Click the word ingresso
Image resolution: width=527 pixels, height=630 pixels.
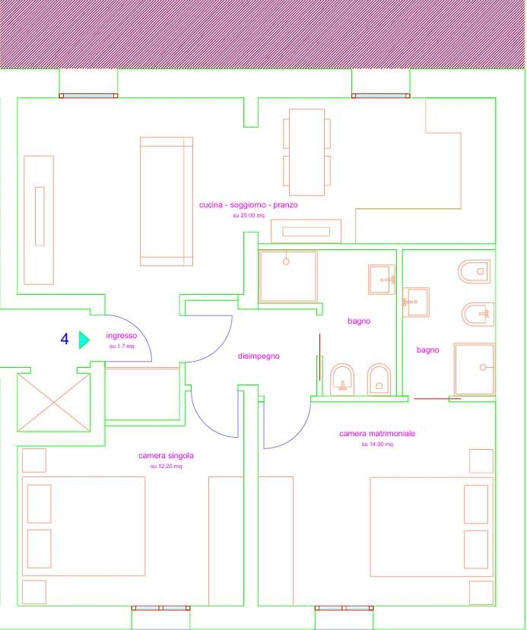tap(122, 336)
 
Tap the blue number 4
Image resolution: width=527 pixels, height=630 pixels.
tap(65, 339)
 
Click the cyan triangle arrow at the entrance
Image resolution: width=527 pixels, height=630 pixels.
tap(84, 340)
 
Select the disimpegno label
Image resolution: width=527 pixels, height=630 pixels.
tap(259, 356)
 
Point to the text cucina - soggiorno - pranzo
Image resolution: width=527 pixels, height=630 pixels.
tap(249, 205)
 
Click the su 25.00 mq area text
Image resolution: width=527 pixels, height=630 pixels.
tap(249, 216)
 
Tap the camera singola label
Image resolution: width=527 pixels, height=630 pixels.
tap(166, 456)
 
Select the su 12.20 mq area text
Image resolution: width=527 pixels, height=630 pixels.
tap(166, 467)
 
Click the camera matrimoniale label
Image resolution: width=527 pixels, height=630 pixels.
tap(377, 433)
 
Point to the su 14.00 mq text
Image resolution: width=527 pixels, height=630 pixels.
tap(377, 445)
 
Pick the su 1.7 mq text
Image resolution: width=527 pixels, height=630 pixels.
tap(122, 347)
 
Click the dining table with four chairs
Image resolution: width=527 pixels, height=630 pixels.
tap(306, 152)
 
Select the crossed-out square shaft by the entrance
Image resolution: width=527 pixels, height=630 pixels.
tap(53, 403)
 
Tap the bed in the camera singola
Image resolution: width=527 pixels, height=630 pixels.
tap(84, 527)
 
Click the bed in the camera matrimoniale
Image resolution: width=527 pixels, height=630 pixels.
tap(432, 527)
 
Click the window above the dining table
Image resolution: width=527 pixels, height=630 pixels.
tap(381, 96)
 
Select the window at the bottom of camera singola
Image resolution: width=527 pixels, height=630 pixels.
tap(160, 608)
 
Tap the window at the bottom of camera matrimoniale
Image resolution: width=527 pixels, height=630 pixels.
tap(344, 608)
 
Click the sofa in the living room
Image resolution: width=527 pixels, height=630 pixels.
tap(167, 201)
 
